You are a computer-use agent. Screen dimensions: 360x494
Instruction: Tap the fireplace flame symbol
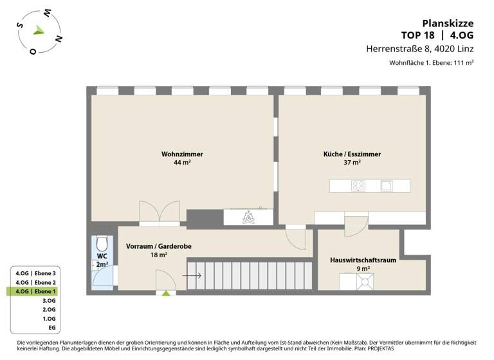(248, 218)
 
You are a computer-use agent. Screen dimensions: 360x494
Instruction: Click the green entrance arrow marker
(166, 293)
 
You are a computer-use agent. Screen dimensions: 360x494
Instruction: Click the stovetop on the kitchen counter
(359, 186)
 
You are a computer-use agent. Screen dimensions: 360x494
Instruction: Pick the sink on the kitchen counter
(386, 186)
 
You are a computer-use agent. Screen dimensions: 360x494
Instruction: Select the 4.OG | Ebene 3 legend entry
(36, 273)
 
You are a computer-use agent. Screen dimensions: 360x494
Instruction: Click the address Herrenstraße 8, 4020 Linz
(419, 48)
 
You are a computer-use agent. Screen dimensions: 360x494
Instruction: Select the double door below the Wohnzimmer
(159, 213)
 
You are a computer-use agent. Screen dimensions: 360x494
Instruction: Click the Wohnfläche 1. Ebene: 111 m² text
(431, 63)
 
